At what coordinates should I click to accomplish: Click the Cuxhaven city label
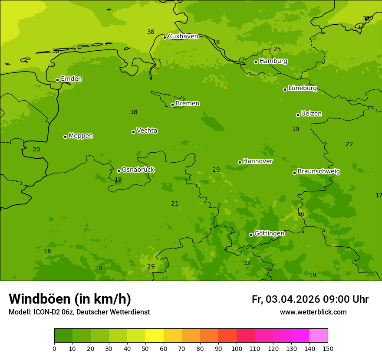pos(183,36)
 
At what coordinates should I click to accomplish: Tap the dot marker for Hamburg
pos(256,62)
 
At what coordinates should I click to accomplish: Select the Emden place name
pos(71,79)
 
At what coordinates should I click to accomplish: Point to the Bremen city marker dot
pos(172,105)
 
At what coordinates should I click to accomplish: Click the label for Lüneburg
pos(302,88)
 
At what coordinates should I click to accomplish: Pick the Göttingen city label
pos(269,234)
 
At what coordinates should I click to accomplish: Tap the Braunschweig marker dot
pos(294,173)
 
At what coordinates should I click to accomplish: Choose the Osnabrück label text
pos(138,170)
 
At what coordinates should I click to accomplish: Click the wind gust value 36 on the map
pos(301,214)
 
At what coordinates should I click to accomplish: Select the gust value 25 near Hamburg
pos(277,49)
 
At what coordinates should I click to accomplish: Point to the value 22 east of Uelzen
pos(349,144)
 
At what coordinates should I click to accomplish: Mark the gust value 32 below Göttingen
pos(247,263)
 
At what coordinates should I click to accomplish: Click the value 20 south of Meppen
pos(36,150)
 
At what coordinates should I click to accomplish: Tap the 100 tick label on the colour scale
pos(237,348)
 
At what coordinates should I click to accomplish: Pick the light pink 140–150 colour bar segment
pos(319,336)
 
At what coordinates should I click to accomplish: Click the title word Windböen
pos(40,299)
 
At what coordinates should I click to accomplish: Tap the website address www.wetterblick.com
pos(313,312)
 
